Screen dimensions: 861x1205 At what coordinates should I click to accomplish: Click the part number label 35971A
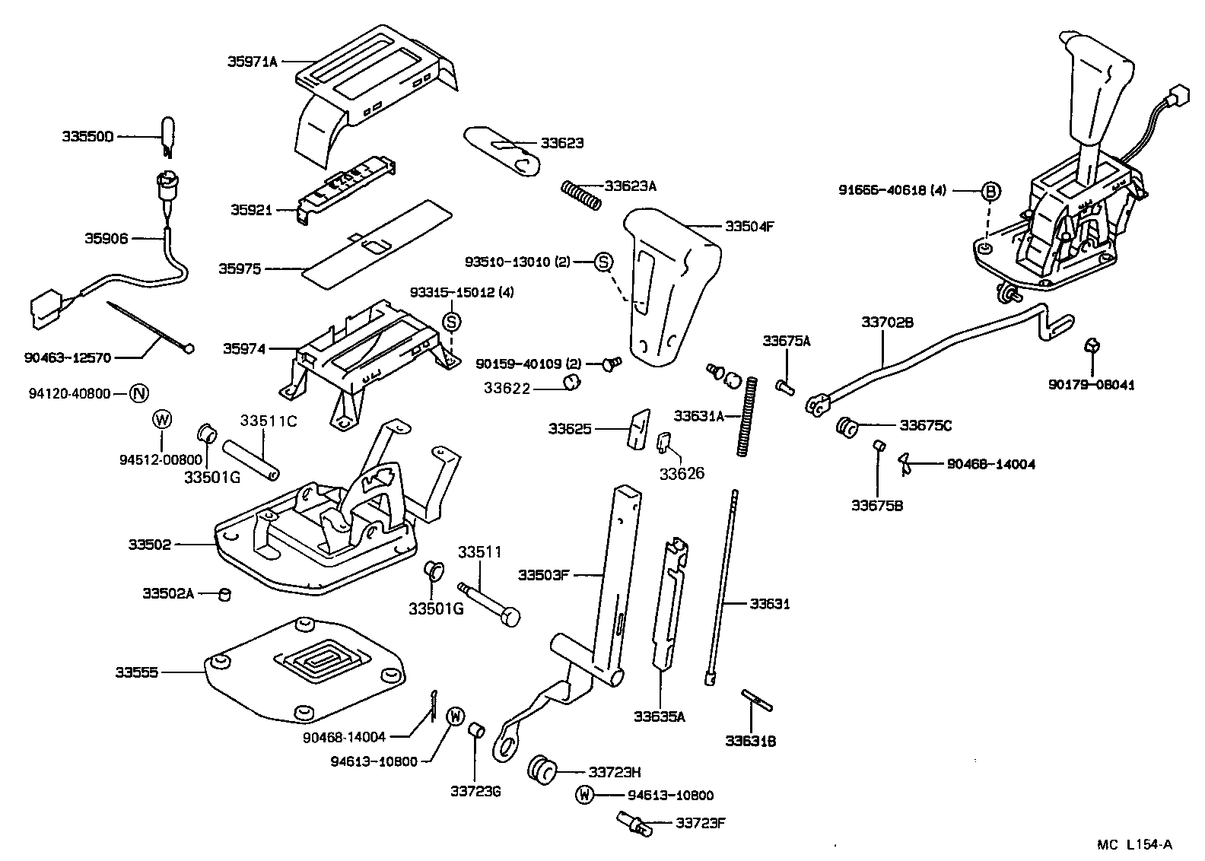click(x=253, y=62)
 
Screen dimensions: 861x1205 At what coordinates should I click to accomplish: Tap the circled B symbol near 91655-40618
click(x=990, y=191)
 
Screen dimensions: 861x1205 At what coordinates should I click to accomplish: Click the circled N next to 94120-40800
click(x=139, y=393)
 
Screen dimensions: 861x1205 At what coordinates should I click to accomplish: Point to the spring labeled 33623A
click(x=582, y=193)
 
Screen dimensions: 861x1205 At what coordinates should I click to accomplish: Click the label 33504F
click(x=749, y=226)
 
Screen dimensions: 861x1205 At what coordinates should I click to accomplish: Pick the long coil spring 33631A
click(x=748, y=417)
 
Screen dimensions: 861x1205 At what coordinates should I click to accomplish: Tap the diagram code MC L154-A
click(x=1134, y=844)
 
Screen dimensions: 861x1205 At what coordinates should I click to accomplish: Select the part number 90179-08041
click(x=1091, y=385)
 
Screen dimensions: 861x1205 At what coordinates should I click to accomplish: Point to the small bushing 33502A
click(x=224, y=593)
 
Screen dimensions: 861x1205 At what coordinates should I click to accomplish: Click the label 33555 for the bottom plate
click(x=137, y=672)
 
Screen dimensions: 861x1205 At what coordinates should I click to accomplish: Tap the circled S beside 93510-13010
click(x=602, y=262)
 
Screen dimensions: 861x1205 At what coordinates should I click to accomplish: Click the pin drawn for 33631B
click(x=756, y=700)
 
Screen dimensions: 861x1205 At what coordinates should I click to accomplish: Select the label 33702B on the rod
click(x=887, y=322)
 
